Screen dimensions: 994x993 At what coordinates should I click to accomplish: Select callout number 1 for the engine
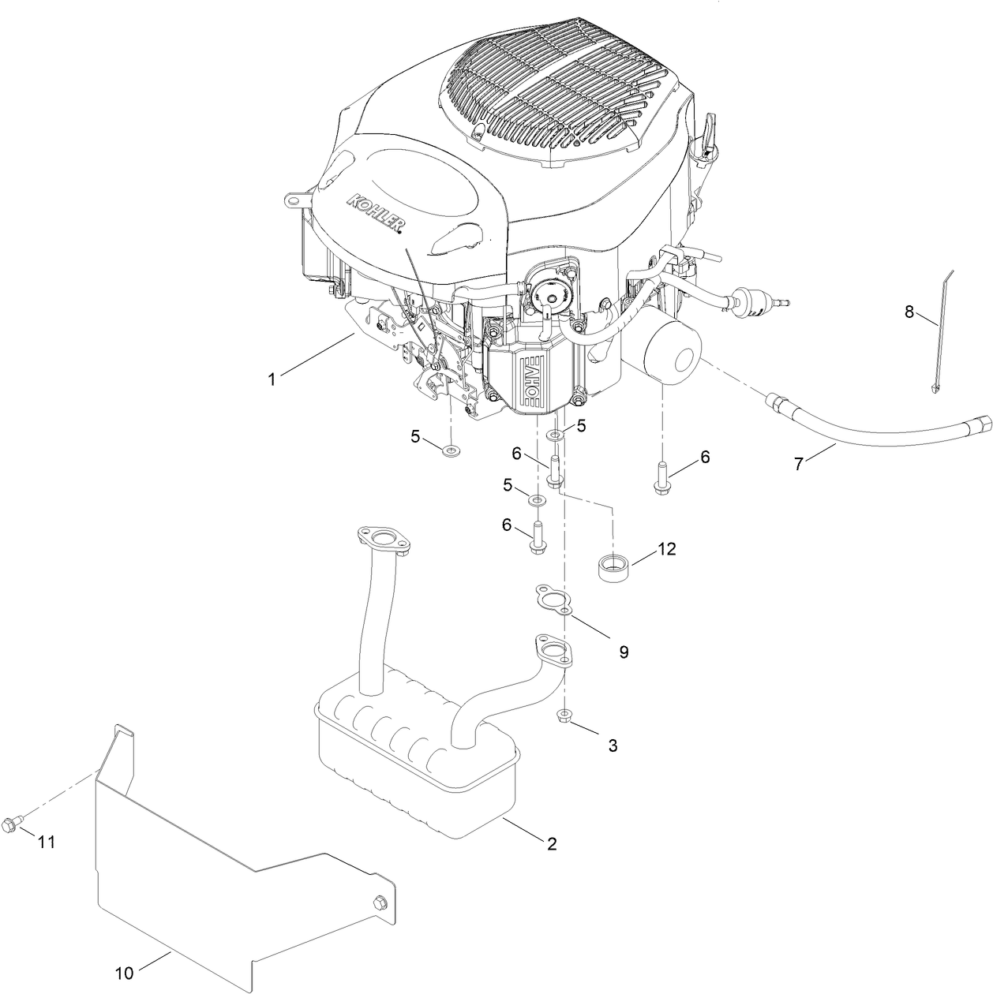[x=272, y=379]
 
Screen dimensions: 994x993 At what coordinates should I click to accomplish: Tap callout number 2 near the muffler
[x=552, y=844]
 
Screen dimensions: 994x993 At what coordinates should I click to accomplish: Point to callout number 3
[x=613, y=745]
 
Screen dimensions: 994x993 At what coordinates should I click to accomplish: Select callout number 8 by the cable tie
[x=909, y=312]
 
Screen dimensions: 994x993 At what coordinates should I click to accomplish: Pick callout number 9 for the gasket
[x=624, y=652]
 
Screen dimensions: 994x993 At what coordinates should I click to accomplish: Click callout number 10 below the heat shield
[x=125, y=973]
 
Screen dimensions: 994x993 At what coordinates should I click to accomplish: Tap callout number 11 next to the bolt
[x=47, y=843]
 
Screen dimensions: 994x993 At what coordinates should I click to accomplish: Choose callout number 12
[x=667, y=549]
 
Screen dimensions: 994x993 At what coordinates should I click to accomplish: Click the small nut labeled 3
[x=564, y=716]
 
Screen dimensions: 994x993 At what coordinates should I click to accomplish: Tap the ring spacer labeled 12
[x=613, y=568]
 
